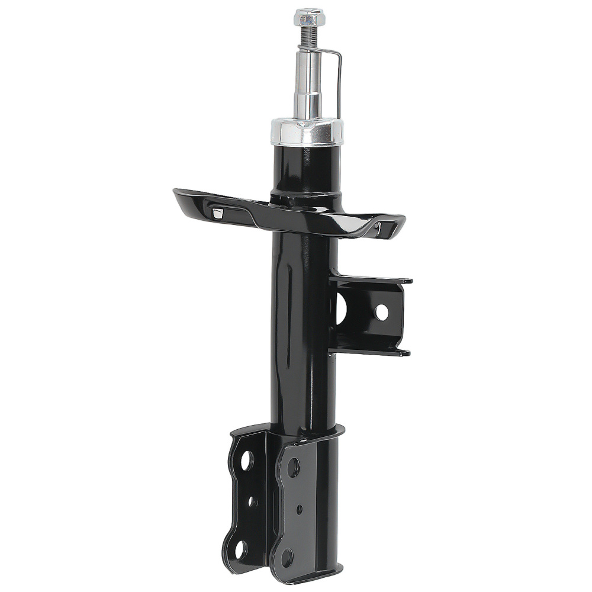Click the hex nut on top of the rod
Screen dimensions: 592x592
click(x=309, y=17)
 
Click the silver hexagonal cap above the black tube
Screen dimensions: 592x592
click(x=307, y=131)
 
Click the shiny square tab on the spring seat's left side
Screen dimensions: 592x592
click(x=218, y=213)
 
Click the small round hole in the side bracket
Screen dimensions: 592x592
click(x=381, y=312)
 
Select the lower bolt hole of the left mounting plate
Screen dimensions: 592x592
click(x=240, y=549)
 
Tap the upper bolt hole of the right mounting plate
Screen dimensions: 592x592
click(x=293, y=467)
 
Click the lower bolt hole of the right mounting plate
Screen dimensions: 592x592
click(x=287, y=557)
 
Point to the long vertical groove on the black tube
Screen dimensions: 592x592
click(x=288, y=314)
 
